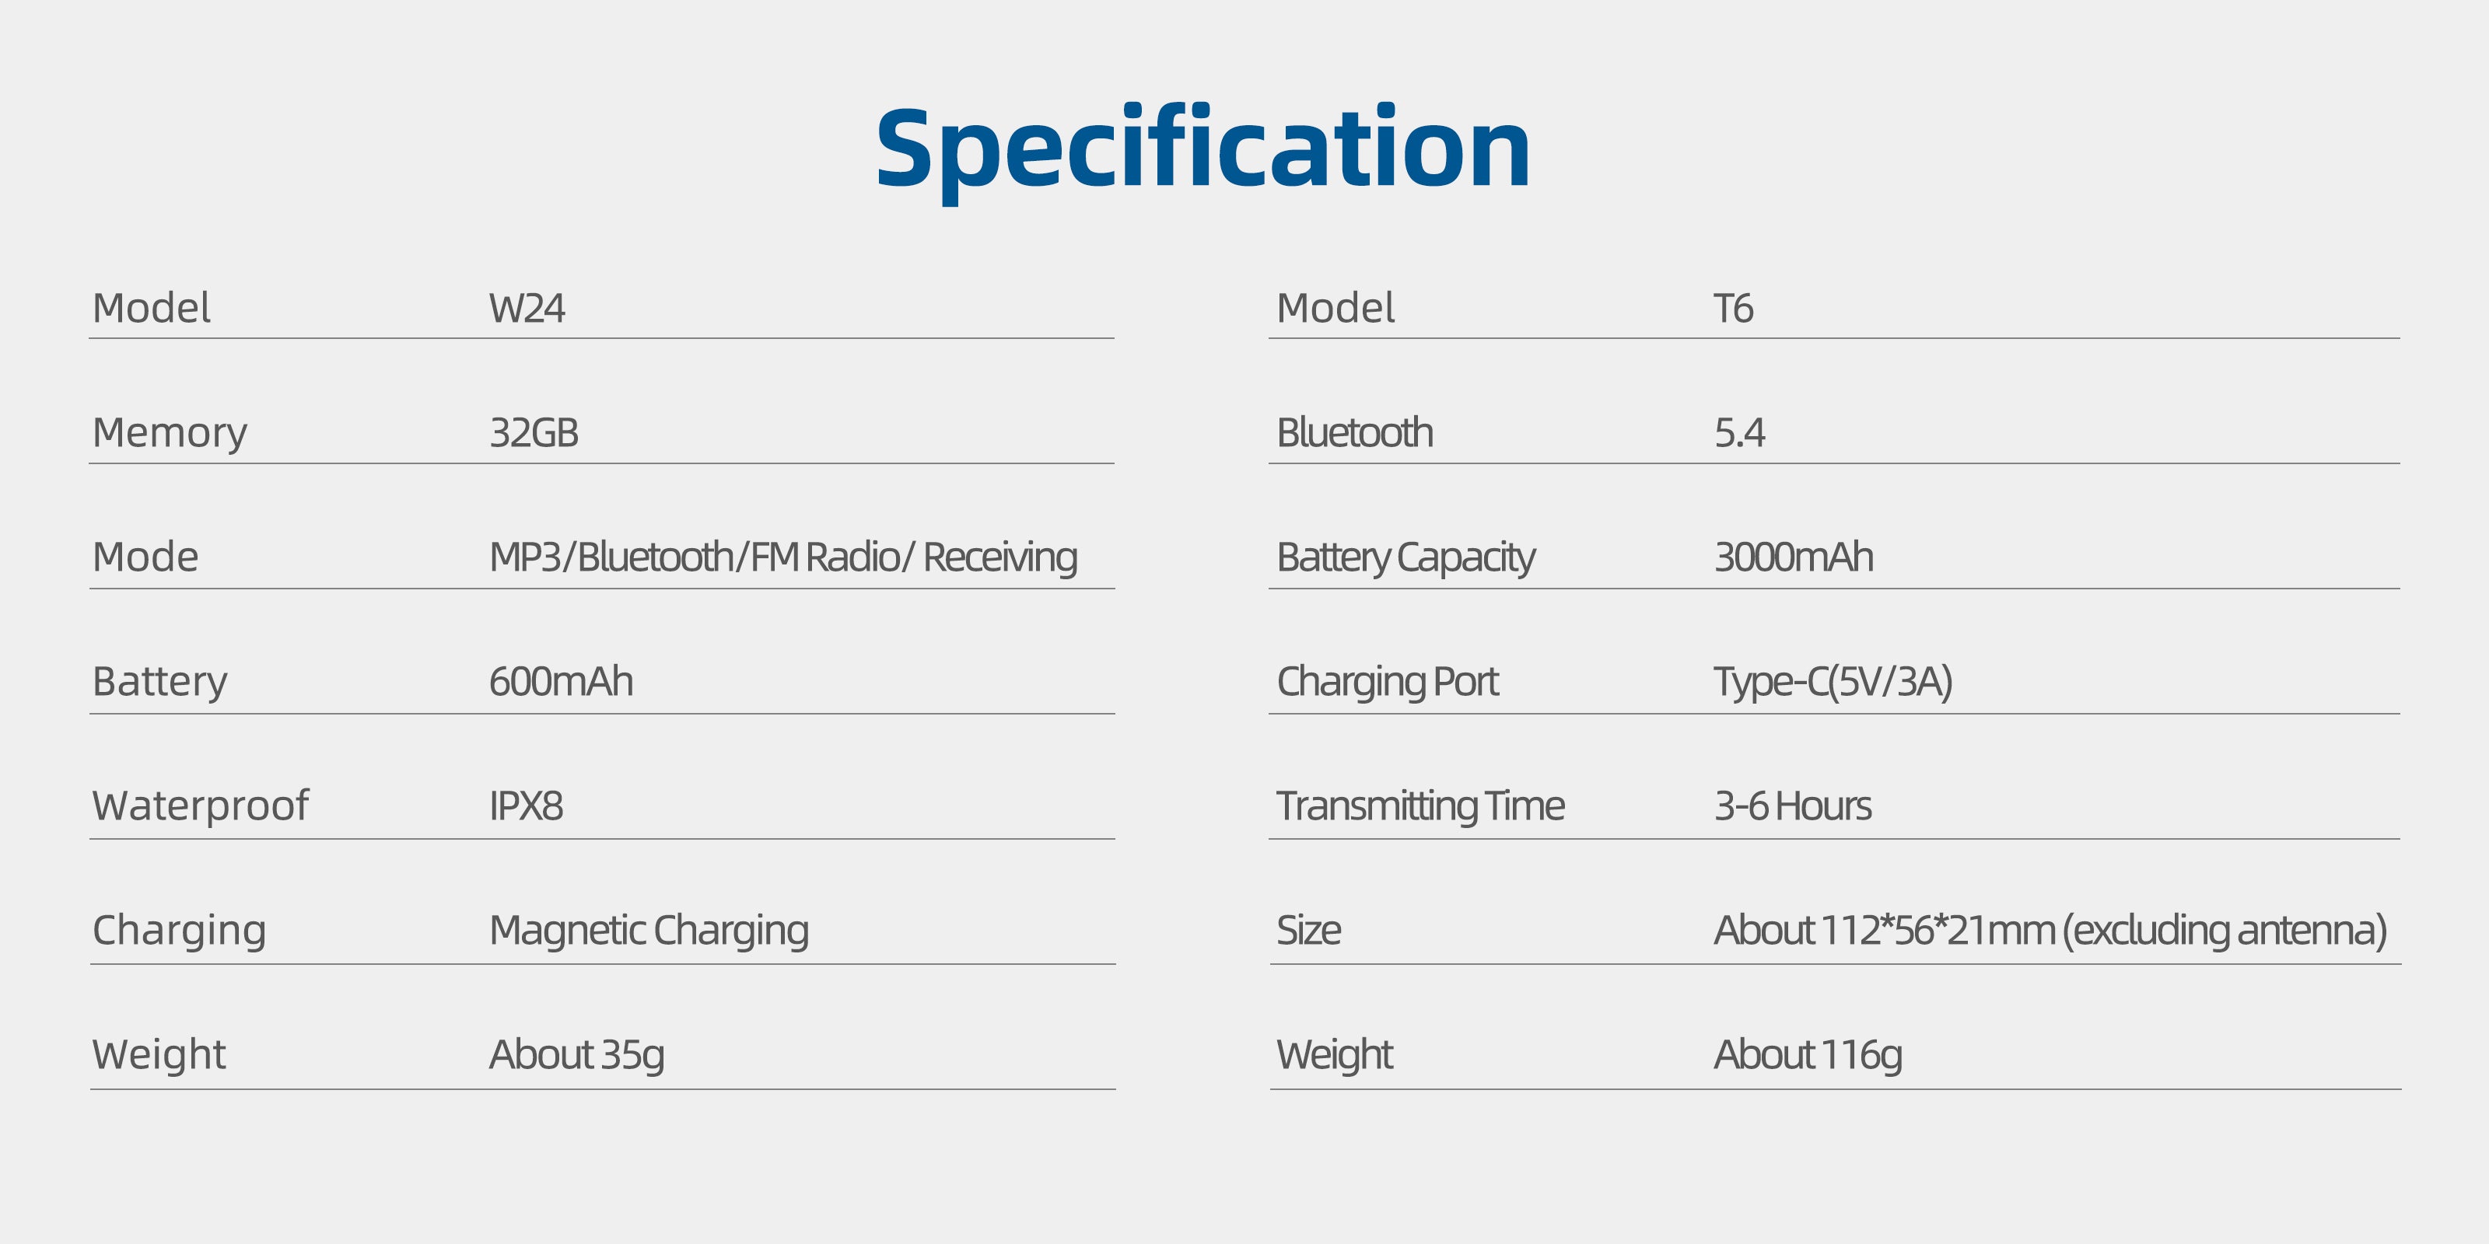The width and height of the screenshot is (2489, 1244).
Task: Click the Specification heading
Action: tap(1203, 150)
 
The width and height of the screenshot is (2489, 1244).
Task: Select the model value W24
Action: tap(527, 308)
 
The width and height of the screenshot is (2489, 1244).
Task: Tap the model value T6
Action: tap(1734, 308)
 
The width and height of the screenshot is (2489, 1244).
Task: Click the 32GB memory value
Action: tap(534, 433)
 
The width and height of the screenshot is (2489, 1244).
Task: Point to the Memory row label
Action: tap(170, 434)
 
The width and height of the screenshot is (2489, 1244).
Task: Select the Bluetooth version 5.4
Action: tap(1739, 433)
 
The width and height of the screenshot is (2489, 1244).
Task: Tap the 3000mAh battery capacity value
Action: tap(1794, 557)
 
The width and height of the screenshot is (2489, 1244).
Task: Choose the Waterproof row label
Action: tap(201, 806)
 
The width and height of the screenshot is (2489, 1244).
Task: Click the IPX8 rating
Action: tap(526, 806)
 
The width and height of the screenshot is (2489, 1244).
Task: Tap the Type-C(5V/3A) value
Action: tap(1833, 682)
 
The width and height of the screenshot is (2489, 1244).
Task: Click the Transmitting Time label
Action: tap(1420, 806)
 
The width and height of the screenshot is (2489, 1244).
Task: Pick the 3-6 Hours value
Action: tap(1792, 806)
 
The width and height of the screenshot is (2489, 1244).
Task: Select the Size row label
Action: tap(1308, 930)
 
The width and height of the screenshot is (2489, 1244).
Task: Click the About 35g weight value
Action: tap(577, 1056)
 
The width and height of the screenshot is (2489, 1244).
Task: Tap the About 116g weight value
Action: tap(1808, 1056)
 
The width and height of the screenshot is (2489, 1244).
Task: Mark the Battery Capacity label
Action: tap(1406, 558)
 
